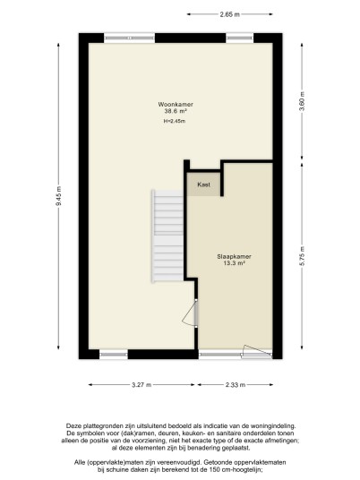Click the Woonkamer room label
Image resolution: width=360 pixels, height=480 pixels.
click(x=176, y=105)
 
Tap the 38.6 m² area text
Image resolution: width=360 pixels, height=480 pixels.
click(x=176, y=111)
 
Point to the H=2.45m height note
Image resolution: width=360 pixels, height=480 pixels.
click(x=175, y=121)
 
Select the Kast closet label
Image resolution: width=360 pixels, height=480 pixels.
click(x=203, y=184)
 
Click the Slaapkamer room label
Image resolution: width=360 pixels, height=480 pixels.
click(x=235, y=256)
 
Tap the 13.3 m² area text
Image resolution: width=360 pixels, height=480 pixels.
click(x=235, y=263)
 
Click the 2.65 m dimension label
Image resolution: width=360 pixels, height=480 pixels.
click(x=229, y=14)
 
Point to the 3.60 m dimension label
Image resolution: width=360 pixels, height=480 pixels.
click(x=302, y=102)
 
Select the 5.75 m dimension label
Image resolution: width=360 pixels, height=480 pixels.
click(x=302, y=256)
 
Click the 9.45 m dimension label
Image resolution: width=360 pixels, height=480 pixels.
click(x=58, y=196)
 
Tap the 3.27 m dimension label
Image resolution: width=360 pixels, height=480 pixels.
click(x=141, y=385)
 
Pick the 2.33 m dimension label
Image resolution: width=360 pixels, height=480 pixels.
click(x=236, y=385)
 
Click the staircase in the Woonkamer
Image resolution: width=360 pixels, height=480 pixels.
click(x=167, y=236)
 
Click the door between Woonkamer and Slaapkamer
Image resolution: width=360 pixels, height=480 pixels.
click(x=191, y=313)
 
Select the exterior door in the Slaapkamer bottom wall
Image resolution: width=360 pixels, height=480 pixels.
click(x=256, y=352)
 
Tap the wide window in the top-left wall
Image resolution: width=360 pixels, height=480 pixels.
click(x=130, y=38)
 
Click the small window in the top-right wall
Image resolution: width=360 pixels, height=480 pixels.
click(x=240, y=38)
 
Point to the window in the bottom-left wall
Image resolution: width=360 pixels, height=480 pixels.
click(x=114, y=355)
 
